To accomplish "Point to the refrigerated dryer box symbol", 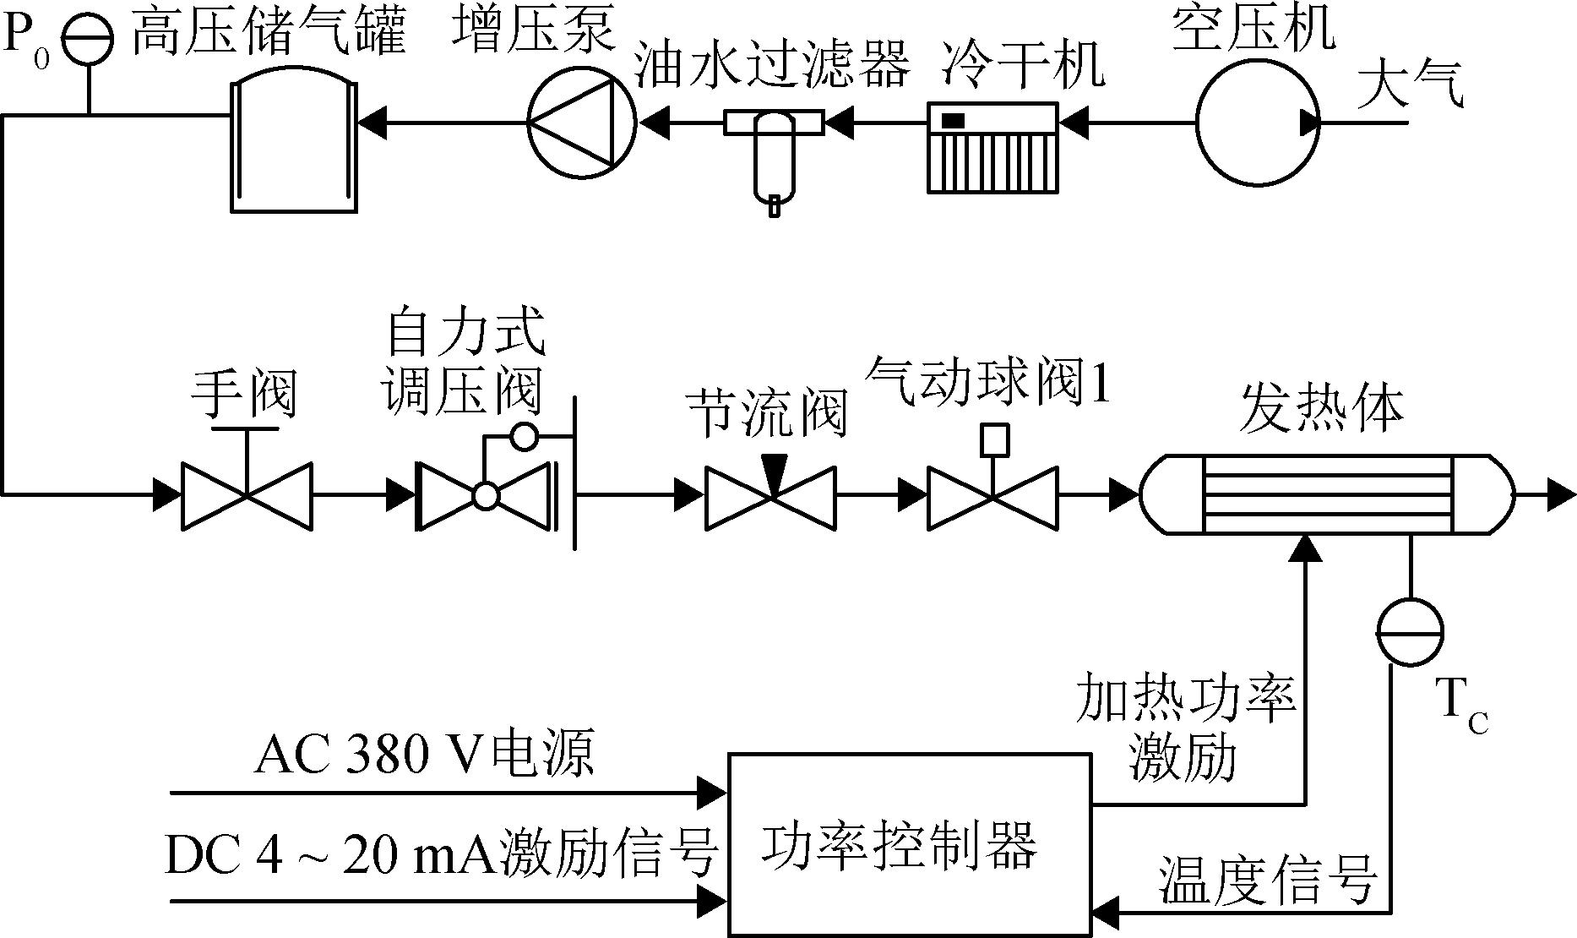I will click(992, 148).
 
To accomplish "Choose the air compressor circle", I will click(1257, 123).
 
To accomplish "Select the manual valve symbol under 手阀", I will click(247, 495).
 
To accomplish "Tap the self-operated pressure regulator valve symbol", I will click(486, 495).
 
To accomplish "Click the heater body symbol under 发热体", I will click(1327, 494).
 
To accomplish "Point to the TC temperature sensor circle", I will click(1410, 632).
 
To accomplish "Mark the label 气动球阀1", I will click(990, 381).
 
